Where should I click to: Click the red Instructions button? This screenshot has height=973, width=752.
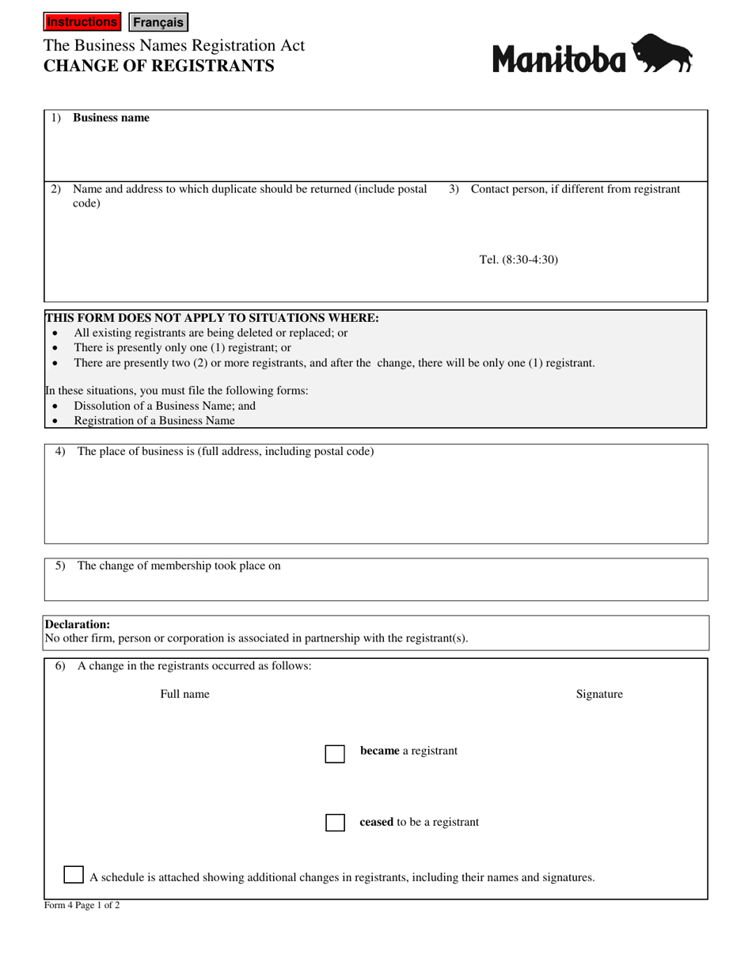click(x=82, y=22)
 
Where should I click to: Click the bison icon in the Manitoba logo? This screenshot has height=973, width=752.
click(x=663, y=54)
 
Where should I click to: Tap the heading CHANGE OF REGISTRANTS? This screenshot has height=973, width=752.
click(x=159, y=66)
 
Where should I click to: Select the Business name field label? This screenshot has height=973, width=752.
click(x=111, y=118)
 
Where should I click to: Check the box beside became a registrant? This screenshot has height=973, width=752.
click(x=335, y=753)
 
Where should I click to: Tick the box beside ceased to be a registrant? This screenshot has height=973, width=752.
click(x=335, y=823)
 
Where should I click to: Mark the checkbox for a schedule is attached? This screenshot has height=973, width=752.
click(x=74, y=875)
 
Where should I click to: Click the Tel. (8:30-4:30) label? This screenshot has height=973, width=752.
click(x=518, y=259)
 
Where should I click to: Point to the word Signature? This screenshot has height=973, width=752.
click(x=599, y=694)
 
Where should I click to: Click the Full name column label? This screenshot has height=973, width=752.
click(x=184, y=694)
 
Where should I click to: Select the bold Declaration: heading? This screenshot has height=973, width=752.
click(x=78, y=624)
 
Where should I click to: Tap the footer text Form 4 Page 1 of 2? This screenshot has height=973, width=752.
click(x=82, y=906)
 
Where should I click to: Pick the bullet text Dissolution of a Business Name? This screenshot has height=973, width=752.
click(x=165, y=406)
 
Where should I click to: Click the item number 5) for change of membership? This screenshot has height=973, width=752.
click(x=60, y=566)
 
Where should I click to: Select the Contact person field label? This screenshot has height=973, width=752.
click(x=575, y=189)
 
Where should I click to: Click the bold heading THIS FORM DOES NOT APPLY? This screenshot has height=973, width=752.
click(x=212, y=318)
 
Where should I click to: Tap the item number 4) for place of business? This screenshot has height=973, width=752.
click(x=60, y=452)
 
